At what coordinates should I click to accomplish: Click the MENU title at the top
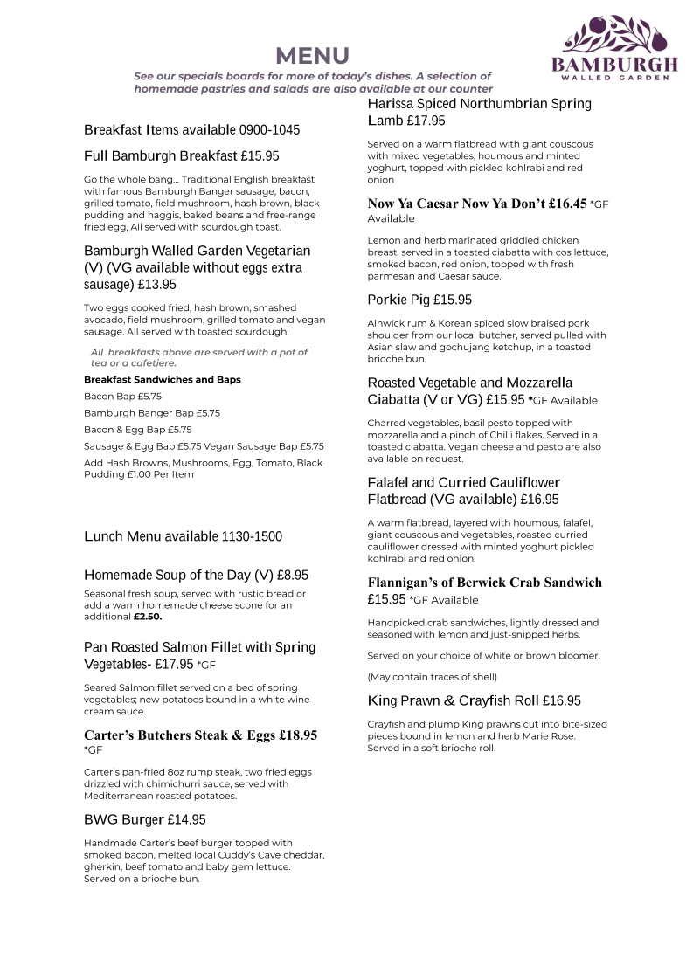312,56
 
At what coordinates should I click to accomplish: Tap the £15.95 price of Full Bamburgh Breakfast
260,156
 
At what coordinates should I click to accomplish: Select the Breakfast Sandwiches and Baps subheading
163,380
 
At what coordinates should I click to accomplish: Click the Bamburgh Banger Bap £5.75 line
152,413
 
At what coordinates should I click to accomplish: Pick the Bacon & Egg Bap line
138,430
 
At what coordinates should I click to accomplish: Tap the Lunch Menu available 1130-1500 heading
183,536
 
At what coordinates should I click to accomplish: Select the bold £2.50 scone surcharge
148,617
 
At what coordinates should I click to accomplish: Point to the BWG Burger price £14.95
187,820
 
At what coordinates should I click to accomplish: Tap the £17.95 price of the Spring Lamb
426,121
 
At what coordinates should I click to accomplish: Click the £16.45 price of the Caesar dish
568,204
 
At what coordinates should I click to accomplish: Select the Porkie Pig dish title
398,300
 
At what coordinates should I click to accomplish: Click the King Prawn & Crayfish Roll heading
453,701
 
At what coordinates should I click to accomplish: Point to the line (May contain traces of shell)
433,677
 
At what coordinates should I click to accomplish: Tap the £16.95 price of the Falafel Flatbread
539,500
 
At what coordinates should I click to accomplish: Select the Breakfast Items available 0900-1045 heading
191,130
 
